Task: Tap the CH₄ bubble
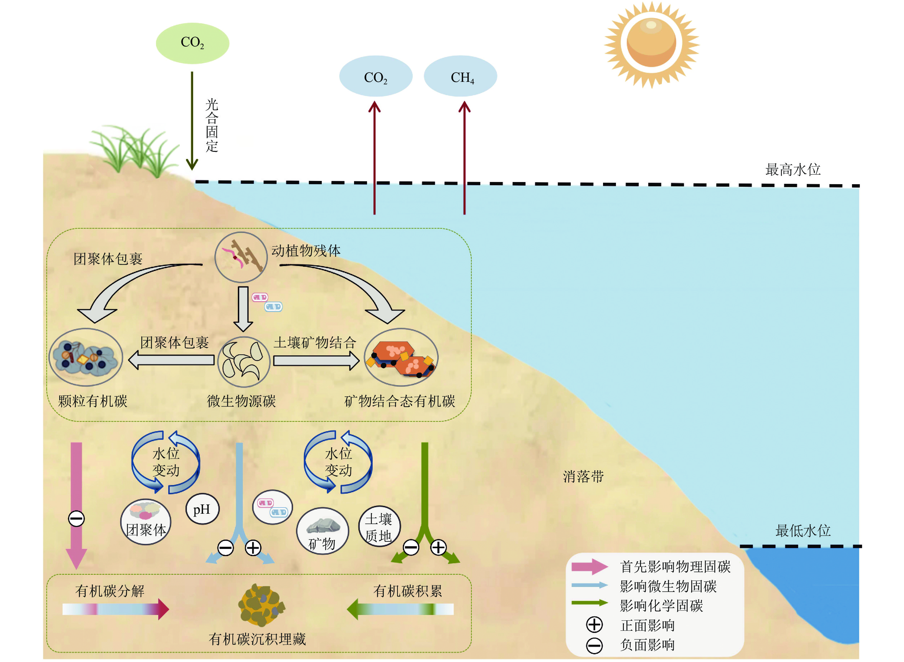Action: tap(460, 76)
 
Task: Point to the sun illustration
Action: tap(651, 44)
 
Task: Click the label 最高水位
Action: tap(793, 169)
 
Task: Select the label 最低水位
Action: tap(803, 531)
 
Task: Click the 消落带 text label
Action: tap(583, 476)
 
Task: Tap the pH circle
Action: tap(203, 509)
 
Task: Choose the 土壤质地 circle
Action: tap(379, 527)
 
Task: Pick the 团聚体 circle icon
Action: tap(146, 522)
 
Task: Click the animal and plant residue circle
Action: tap(241, 258)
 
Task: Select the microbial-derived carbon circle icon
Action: tap(244, 362)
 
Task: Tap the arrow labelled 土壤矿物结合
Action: tap(316, 361)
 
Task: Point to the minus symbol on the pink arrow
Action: tap(76, 518)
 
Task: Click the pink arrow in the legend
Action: tap(590, 567)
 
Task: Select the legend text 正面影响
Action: tap(648, 625)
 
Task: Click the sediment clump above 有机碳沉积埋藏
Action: tap(261, 605)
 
